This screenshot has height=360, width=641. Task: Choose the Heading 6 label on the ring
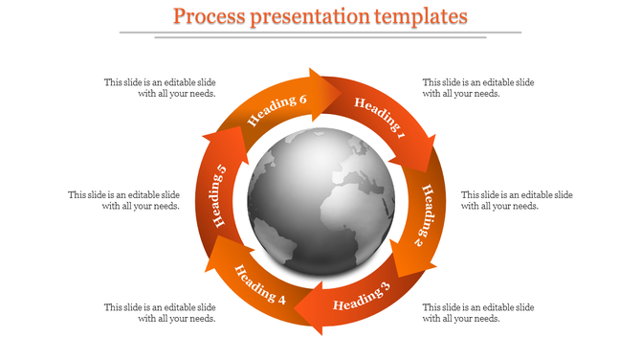(x=277, y=112)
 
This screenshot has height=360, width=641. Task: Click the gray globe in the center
(x=320, y=201)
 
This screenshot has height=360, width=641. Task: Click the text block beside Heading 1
(x=478, y=88)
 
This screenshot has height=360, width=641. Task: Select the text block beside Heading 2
(x=517, y=200)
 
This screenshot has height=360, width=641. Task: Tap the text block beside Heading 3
(x=478, y=312)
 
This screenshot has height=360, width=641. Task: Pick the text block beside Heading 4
(x=160, y=312)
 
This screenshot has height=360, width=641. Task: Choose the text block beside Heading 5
(x=124, y=200)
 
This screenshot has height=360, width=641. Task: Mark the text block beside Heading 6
(x=160, y=88)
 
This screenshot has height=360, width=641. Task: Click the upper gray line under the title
(x=320, y=33)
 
